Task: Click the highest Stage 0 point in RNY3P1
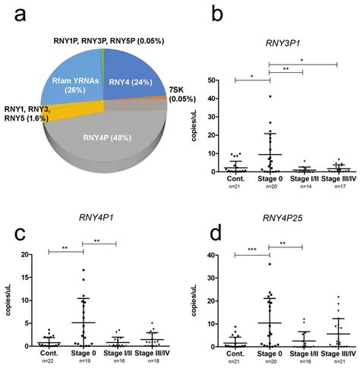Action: [270, 96]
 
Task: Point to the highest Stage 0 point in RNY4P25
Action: [269, 263]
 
